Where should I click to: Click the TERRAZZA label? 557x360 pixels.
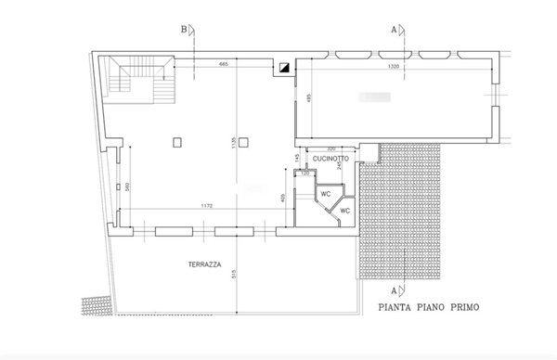point(203,264)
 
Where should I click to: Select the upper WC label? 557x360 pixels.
point(326,194)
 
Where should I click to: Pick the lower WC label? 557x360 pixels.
point(344,211)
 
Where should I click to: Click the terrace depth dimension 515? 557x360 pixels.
point(239,274)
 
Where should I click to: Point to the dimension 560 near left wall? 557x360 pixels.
point(127,185)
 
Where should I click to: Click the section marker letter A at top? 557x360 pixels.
point(393,29)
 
